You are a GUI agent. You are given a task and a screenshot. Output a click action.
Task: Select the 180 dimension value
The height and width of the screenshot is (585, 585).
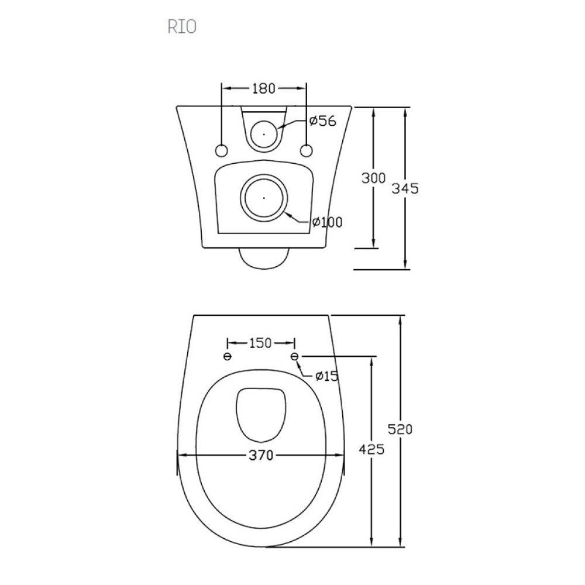(x=263, y=88)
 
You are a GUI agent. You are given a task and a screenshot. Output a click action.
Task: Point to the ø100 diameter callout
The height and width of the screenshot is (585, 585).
(x=327, y=222)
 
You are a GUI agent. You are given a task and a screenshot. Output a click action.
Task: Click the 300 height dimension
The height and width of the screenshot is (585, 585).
(x=373, y=178)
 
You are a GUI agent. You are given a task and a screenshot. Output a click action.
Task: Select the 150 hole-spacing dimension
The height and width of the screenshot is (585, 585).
(x=260, y=343)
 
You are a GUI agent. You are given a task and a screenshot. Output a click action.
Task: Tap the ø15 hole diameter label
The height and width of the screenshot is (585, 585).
(x=326, y=376)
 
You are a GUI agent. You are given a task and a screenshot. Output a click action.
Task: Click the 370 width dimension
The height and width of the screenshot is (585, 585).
(x=260, y=456)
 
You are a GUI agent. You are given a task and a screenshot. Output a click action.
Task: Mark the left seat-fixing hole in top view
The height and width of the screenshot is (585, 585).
(x=228, y=356)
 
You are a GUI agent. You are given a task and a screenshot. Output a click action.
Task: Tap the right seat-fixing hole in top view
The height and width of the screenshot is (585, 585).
(x=294, y=356)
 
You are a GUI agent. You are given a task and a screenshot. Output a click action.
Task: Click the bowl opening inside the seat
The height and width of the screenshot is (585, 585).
(x=260, y=414)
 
